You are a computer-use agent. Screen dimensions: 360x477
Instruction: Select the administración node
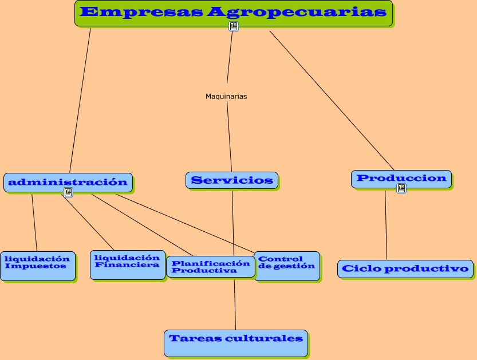click(x=68, y=182)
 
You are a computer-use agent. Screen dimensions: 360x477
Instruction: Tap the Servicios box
click(x=231, y=180)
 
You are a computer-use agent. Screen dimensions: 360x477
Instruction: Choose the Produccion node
click(x=401, y=179)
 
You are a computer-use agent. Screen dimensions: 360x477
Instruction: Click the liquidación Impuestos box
click(x=37, y=265)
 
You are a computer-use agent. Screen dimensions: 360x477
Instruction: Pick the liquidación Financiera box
click(x=127, y=264)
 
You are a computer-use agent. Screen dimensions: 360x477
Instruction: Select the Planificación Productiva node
click(x=210, y=267)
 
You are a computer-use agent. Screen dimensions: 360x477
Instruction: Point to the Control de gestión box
click(x=286, y=265)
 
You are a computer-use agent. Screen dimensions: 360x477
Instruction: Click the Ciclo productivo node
click(x=405, y=268)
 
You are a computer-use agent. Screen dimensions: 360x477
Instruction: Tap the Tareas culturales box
click(x=235, y=342)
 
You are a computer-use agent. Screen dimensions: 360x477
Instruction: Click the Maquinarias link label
click(x=226, y=97)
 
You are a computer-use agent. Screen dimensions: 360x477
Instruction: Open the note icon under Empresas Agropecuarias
click(x=234, y=27)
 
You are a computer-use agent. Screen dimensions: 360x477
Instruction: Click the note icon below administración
click(x=68, y=192)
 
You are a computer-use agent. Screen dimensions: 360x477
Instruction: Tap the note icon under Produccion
click(x=401, y=188)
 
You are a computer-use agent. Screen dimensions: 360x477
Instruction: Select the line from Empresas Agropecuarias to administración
click(x=80, y=100)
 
